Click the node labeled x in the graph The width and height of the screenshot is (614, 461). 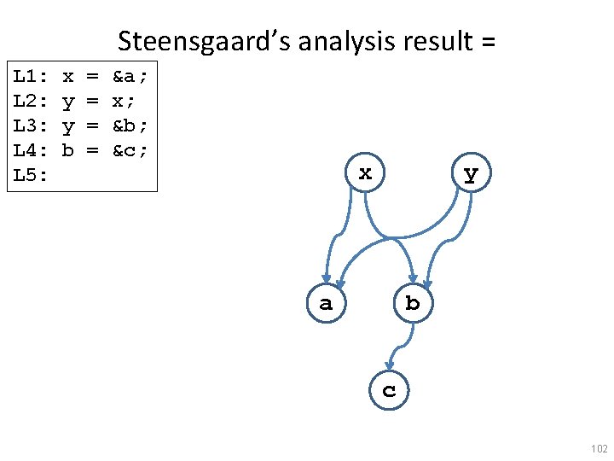pos(365,174)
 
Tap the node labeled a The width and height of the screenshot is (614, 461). pos(326,303)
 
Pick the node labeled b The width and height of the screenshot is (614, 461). pos(413,303)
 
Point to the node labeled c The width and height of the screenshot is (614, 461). pos(389,391)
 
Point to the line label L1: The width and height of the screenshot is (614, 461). pos(31,78)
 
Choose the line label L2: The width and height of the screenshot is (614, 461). pos(31,102)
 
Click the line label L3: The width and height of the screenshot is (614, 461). pos(31,127)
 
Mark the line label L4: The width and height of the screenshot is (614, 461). pos(31,152)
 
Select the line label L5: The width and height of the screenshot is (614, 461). pos(31,177)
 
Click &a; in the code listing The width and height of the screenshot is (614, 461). pos(130,78)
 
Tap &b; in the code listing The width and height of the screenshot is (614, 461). pos(130,127)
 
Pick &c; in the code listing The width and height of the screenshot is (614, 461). pos(130,152)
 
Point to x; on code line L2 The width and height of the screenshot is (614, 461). pos(124,102)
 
